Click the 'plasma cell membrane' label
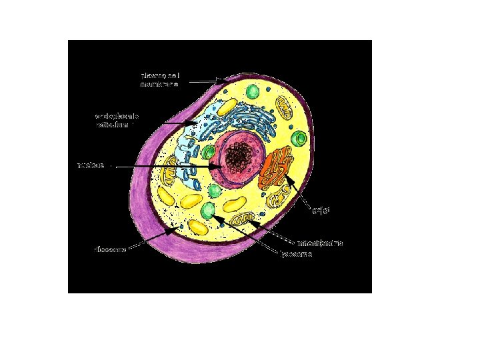159,79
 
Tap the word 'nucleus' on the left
90,165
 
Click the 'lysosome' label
296,253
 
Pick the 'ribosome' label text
108,249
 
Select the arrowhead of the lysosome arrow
215,217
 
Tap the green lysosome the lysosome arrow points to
209,211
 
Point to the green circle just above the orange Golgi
301,139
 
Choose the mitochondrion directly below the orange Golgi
277,198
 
